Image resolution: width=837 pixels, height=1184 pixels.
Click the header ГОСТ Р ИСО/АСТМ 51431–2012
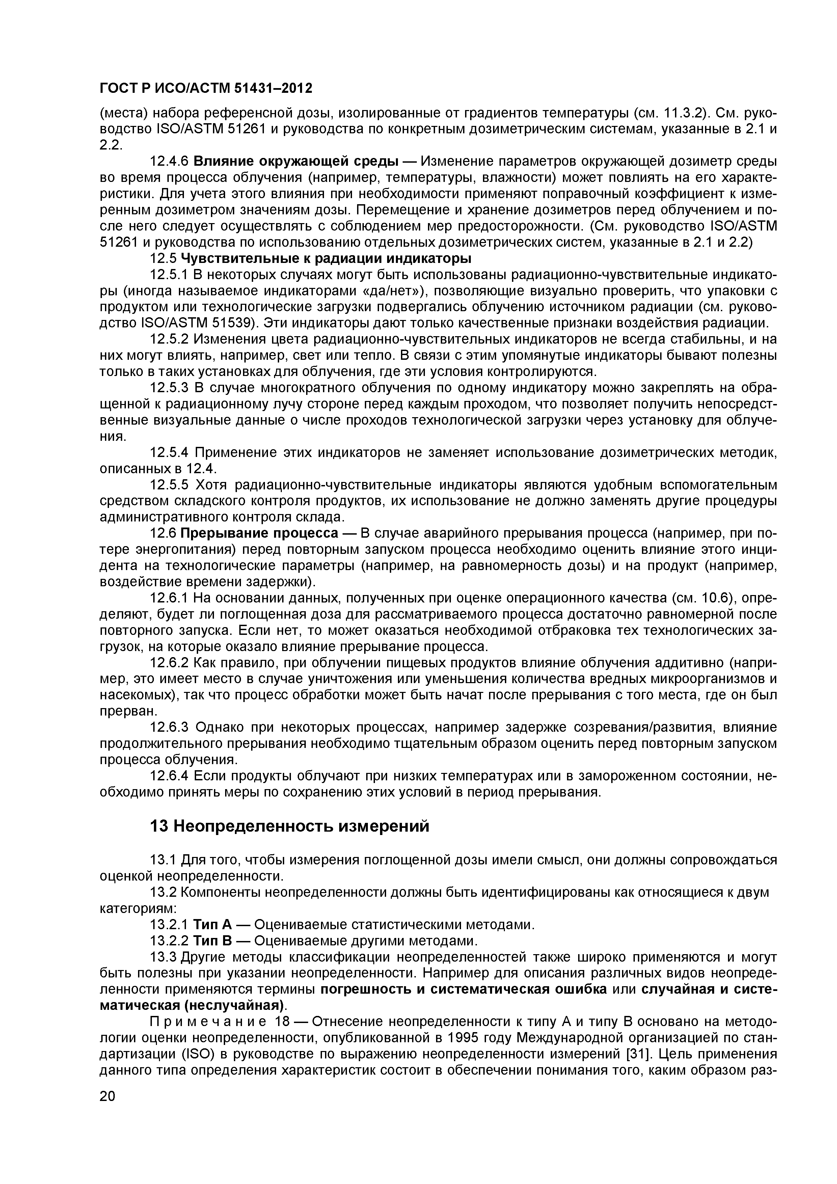tap(206, 89)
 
